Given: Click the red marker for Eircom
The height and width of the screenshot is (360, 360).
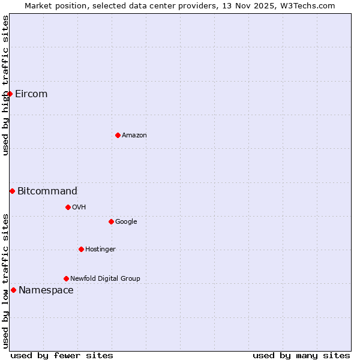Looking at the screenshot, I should pyautogui.click(x=10, y=94).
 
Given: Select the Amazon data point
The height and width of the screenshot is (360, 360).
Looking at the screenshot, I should pyautogui.click(x=118, y=135).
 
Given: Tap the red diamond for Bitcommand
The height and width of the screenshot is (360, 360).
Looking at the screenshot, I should pyautogui.click(x=12, y=191).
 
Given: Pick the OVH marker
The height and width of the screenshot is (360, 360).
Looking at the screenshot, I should pyautogui.click(x=68, y=207).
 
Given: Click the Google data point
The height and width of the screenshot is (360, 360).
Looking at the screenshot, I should pyautogui.click(x=111, y=221).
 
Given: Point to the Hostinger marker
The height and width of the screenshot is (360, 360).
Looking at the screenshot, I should pyautogui.click(x=81, y=249).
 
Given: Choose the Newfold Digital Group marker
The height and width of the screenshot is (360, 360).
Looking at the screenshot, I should pyautogui.click(x=66, y=278).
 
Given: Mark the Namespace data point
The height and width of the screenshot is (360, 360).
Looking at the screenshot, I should pyautogui.click(x=13, y=290).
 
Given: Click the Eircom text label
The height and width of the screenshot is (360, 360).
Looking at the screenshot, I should pyautogui.click(x=31, y=94).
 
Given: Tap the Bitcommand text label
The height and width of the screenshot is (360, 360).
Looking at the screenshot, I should pyautogui.click(x=47, y=191).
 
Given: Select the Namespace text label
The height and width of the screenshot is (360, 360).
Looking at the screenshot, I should pyautogui.click(x=46, y=290).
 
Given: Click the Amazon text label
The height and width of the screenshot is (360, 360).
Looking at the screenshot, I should pyautogui.click(x=134, y=135).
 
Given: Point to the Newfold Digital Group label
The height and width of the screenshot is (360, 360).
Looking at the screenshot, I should pyautogui.click(x=105, y=278).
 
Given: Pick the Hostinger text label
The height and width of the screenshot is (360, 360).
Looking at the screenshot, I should pyautogui.click(x=100, y=249).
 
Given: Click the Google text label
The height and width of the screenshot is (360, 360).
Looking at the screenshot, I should pyautogui.click(x=126, y=221).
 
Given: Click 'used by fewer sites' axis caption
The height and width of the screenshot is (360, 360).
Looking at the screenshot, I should pyautogui.click(x=62, y=355).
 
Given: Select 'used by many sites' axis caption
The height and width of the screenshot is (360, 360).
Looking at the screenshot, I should pyautogui.click(x=301, y=355).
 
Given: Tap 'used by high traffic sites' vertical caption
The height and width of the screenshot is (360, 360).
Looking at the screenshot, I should pyautogui.click(x=5, y=85).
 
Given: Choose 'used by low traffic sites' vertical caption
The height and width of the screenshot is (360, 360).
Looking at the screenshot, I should pyautogui.click(x=5, y=280).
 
